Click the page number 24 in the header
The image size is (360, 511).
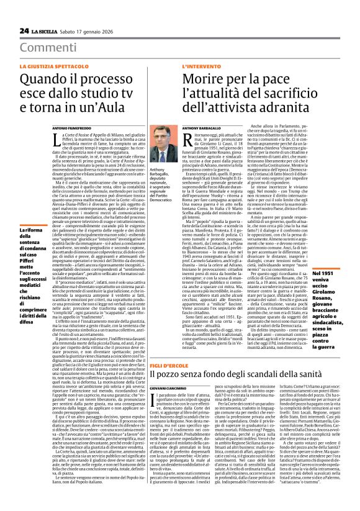24,30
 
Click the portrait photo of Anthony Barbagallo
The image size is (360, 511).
160,152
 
